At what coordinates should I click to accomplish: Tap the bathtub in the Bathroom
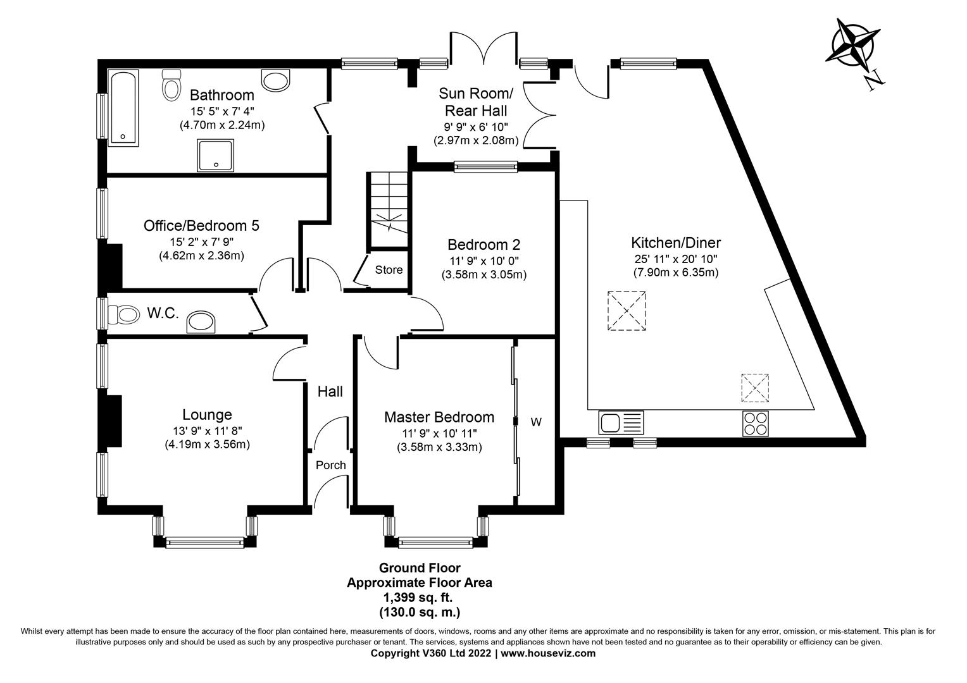(123, 108)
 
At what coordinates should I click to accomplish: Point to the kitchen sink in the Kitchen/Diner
(620, 422)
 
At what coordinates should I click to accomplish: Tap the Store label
(389, 270)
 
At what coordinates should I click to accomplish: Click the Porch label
(330, 465)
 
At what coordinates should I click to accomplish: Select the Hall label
(330, 392)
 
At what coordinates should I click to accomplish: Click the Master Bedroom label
(439, 417)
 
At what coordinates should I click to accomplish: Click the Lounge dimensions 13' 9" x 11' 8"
(207, 431)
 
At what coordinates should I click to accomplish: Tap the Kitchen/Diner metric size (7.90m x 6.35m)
(676, 273)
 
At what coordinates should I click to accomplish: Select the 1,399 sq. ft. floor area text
(419, 598)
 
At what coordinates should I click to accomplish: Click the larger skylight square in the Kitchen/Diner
(627, 311)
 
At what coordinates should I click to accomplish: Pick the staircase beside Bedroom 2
(388, 209)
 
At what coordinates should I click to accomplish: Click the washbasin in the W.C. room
(201, 323)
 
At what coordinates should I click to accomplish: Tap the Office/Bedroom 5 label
(201, 226)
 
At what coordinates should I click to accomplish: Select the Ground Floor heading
(419, 568)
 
